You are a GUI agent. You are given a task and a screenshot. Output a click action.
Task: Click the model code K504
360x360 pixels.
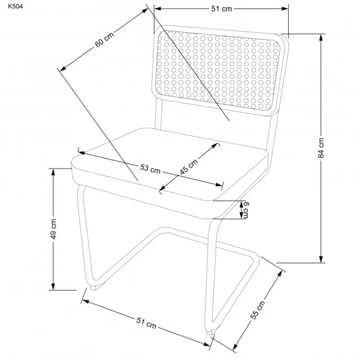point(15,6)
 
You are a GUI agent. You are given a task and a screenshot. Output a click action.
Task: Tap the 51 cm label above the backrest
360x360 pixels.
point(221,9)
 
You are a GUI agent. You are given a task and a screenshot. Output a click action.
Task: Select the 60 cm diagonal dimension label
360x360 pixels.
point(104,39)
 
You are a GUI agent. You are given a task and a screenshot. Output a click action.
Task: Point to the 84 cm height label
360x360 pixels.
point(321,148)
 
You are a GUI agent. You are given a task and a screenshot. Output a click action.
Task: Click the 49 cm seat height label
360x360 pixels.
point(53,229)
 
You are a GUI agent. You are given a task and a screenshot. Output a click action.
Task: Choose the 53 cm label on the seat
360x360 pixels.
point(150,169)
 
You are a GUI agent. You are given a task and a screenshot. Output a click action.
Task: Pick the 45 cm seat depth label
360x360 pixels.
point(189,166)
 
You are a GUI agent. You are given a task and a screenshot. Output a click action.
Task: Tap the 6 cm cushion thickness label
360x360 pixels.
point(246,210)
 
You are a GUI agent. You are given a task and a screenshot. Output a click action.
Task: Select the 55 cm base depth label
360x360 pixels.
point(258,310)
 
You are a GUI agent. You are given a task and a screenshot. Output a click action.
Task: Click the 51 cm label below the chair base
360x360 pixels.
point(146,323)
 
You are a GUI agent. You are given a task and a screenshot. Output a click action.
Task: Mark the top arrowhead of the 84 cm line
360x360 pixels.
point(321,37)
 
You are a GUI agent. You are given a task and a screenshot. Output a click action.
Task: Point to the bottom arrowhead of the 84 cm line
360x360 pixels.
point(321,259)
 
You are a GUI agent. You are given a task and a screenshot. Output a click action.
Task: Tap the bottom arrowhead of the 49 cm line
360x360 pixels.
point(53,287)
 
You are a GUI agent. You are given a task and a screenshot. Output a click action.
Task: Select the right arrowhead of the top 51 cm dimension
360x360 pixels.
point(285,9)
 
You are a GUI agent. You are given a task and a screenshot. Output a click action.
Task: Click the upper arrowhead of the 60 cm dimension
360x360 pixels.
point(145,11)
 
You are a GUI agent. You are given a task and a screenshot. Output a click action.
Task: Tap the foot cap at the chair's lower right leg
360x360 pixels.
point(210,332)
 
